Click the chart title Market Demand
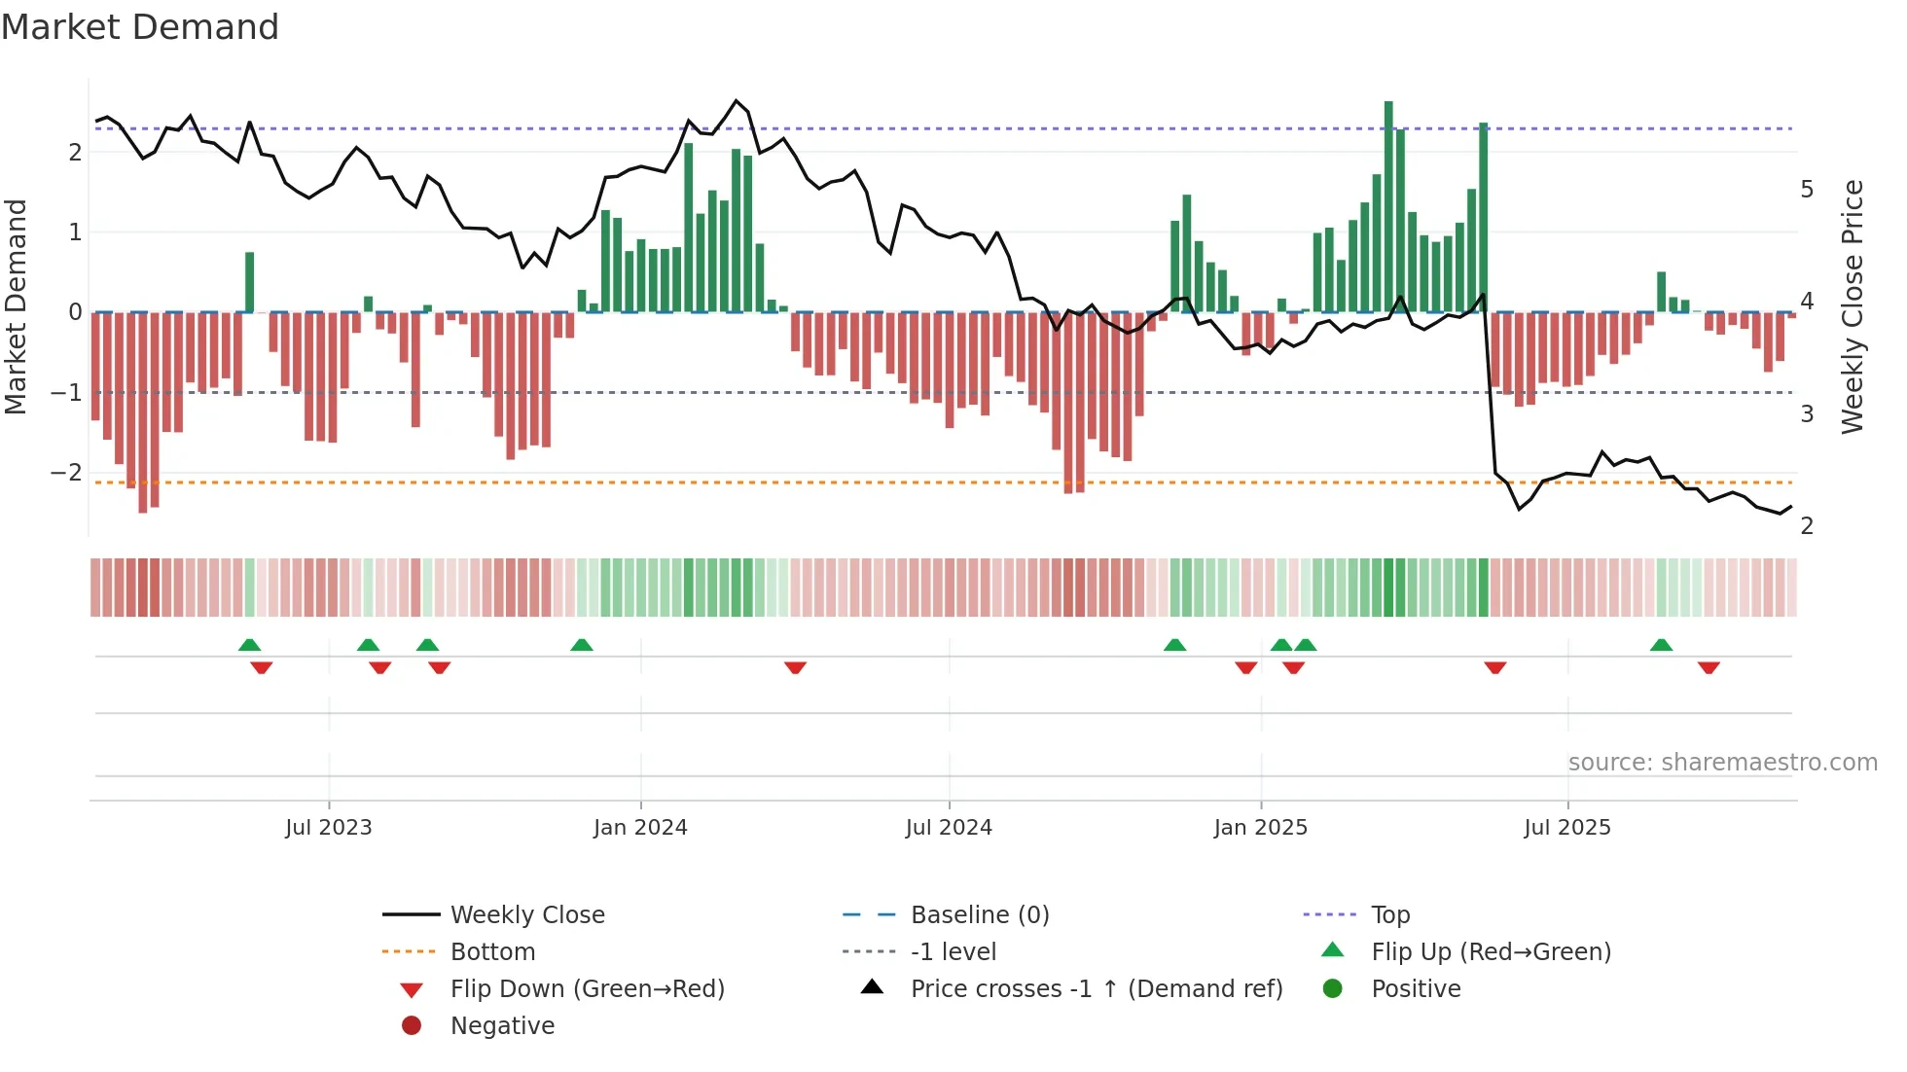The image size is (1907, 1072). tap(140, 26)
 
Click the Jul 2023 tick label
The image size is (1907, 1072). tap(329, 828)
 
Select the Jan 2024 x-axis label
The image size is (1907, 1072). tap(640, 828)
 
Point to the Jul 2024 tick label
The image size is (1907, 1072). tap(949, 828)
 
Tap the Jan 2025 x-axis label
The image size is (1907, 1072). tap(1261, 828)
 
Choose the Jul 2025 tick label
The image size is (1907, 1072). tap(1567, 828)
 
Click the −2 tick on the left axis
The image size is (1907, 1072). tap(66, 473)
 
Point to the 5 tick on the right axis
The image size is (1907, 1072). tap(1807, 189)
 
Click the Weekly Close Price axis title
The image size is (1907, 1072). tap(1853, 306)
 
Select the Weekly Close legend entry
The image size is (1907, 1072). tap(527, 914)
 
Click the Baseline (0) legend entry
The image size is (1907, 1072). tap(980, 914)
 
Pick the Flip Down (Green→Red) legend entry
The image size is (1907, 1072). tap(587, 988)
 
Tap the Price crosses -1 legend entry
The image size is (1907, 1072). tap(1097, 988)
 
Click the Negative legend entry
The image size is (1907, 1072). tap(502, 1025)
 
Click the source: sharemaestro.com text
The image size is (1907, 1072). tap(1722, 762)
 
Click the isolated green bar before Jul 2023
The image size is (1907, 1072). tap(250, 282)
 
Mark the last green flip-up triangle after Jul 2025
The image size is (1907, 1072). tap(1661, 645)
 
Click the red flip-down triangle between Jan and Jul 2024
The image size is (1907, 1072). tap(795, 667)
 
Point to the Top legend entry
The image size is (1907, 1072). tap(1390, 914)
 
